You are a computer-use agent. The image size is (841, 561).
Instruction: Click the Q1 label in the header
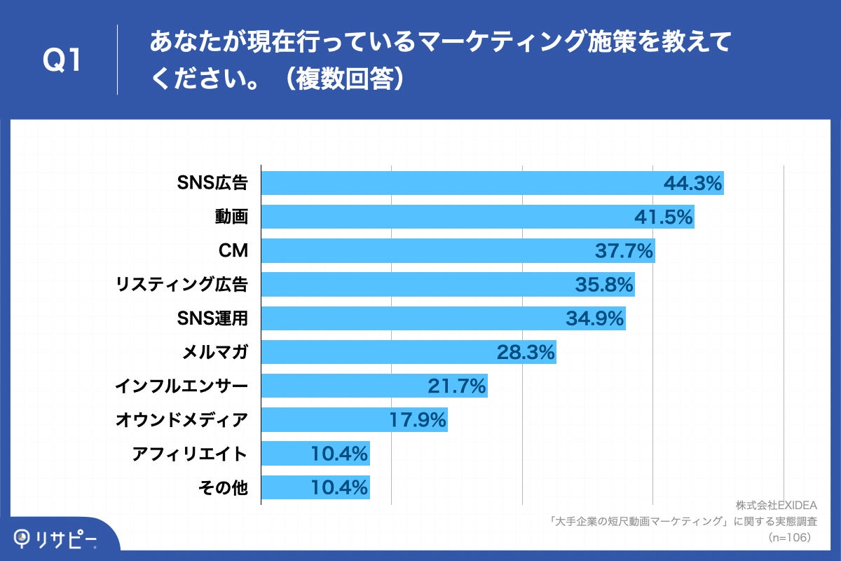tap(62, 61)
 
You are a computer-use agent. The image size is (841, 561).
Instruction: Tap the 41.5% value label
tap(663, 217)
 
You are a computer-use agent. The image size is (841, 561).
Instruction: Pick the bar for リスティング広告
tap(448, 285)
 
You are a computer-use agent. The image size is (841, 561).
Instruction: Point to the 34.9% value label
tap(594, 318)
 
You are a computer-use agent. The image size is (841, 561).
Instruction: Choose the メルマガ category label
tap(214, 352)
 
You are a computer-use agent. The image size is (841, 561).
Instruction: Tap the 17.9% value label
tap(417, 419)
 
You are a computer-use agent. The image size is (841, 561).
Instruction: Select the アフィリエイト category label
tap(189, 454)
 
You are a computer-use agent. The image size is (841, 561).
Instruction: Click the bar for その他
tap(315, 487)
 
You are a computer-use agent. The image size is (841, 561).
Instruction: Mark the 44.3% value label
tap(692, 184)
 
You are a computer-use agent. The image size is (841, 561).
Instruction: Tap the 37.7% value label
tap(624, 251)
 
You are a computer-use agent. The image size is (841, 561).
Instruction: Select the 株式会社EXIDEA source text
tap(777, 506)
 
